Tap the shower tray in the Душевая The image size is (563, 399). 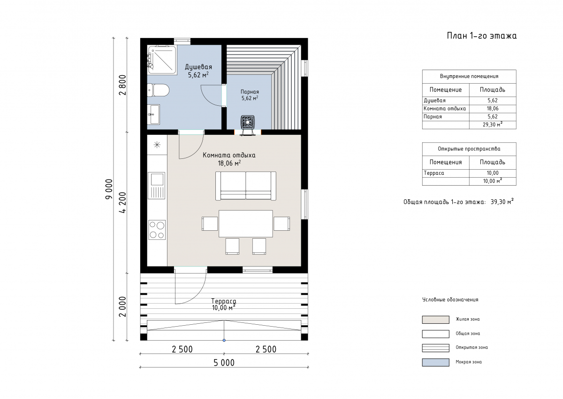click(x=162, y=60)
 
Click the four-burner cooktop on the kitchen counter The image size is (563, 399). click(x=157, y=230)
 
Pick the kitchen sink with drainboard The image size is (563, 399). click(x=157, y=186)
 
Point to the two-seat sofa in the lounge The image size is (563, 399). click(x=245, y=186)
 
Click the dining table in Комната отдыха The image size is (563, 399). click(x=245, y=224)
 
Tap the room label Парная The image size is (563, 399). click(x=250, y=92)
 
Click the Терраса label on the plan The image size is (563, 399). click(x=224, y=301)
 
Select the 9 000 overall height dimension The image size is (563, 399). click(x=109, y=189)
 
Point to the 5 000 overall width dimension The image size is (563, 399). click(x=224, y=363)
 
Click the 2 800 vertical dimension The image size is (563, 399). click(x=123, y=85)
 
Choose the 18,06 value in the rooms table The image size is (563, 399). click(x=492, y=109)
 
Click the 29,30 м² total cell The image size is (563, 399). click(x=492, y=125)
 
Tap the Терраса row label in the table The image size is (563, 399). click(x=434, y=173)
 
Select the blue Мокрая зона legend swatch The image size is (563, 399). click(x=435, y=362)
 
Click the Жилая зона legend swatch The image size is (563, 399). click(x=435, y=320)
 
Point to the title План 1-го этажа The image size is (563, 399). click(x=481, y=36)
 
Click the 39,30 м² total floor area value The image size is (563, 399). click(x=502, y=202)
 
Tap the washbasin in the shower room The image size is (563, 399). click(x=153, y=115)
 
